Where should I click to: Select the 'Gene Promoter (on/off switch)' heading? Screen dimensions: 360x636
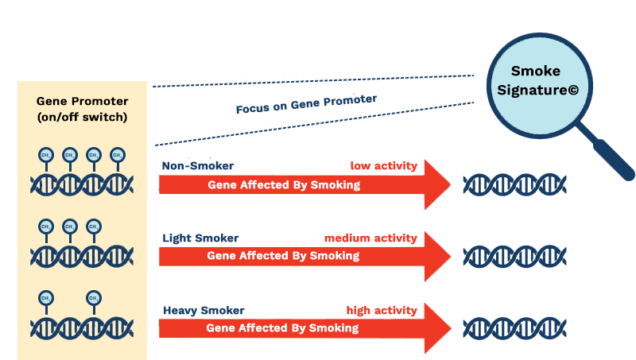[x=83, y=109]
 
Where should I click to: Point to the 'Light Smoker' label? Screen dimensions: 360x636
[x=200, y=238]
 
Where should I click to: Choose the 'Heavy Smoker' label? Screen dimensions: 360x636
[x=204, y=311]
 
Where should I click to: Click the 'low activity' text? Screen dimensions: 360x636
[x=383, y=166]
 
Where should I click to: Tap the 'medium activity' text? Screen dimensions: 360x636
[x=370, y=238]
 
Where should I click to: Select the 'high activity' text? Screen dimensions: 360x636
[x=381, y=311]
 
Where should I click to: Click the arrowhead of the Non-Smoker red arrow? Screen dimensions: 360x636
[x=436, y=184]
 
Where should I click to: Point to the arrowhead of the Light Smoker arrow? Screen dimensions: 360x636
[x=436, y=256]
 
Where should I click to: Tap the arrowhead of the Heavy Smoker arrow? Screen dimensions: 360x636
[x=436, y=327]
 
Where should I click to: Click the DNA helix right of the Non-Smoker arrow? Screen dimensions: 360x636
[x=514, y=185]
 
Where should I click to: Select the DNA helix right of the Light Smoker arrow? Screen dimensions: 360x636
[x=514, y=257]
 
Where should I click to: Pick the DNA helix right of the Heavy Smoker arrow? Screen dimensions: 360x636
[x=514, y=328]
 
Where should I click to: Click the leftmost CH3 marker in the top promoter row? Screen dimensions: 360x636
[x=45, y=155]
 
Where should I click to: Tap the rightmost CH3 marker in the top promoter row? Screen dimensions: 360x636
[x=118, y=155]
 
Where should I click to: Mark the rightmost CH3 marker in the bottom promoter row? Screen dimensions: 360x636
[x=94, y=299]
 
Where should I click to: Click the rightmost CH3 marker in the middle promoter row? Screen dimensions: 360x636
[x=94, y=226]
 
